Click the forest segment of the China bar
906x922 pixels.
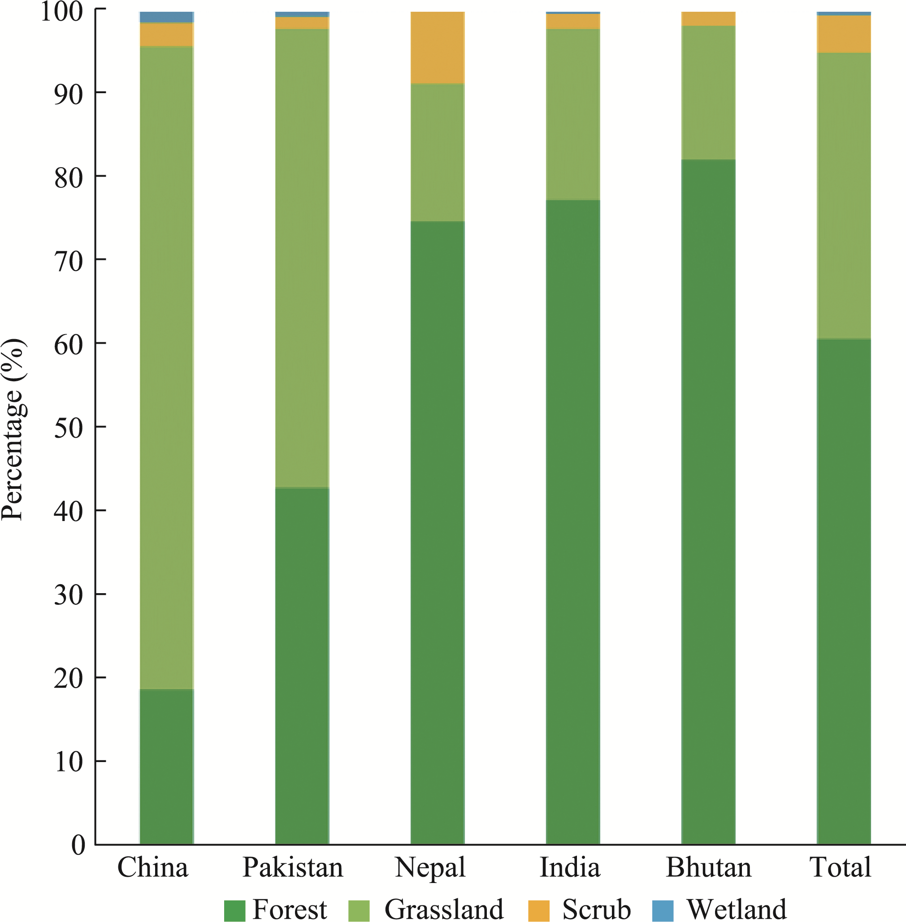(x=167, y=767)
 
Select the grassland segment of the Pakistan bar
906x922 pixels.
(x=302, y=258)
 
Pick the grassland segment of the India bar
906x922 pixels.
(x=573, y=115)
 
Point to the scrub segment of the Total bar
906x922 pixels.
(x=844, y=34)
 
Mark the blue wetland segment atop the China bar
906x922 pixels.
(x=167, y=17)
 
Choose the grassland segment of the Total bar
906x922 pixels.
(x=844, y=196)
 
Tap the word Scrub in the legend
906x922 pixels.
(x=597, y=909)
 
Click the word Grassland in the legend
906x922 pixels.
(x=444, y=909)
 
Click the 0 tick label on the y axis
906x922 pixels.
(x=78, y=845)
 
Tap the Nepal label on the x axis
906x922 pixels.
(x=430, y=868)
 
